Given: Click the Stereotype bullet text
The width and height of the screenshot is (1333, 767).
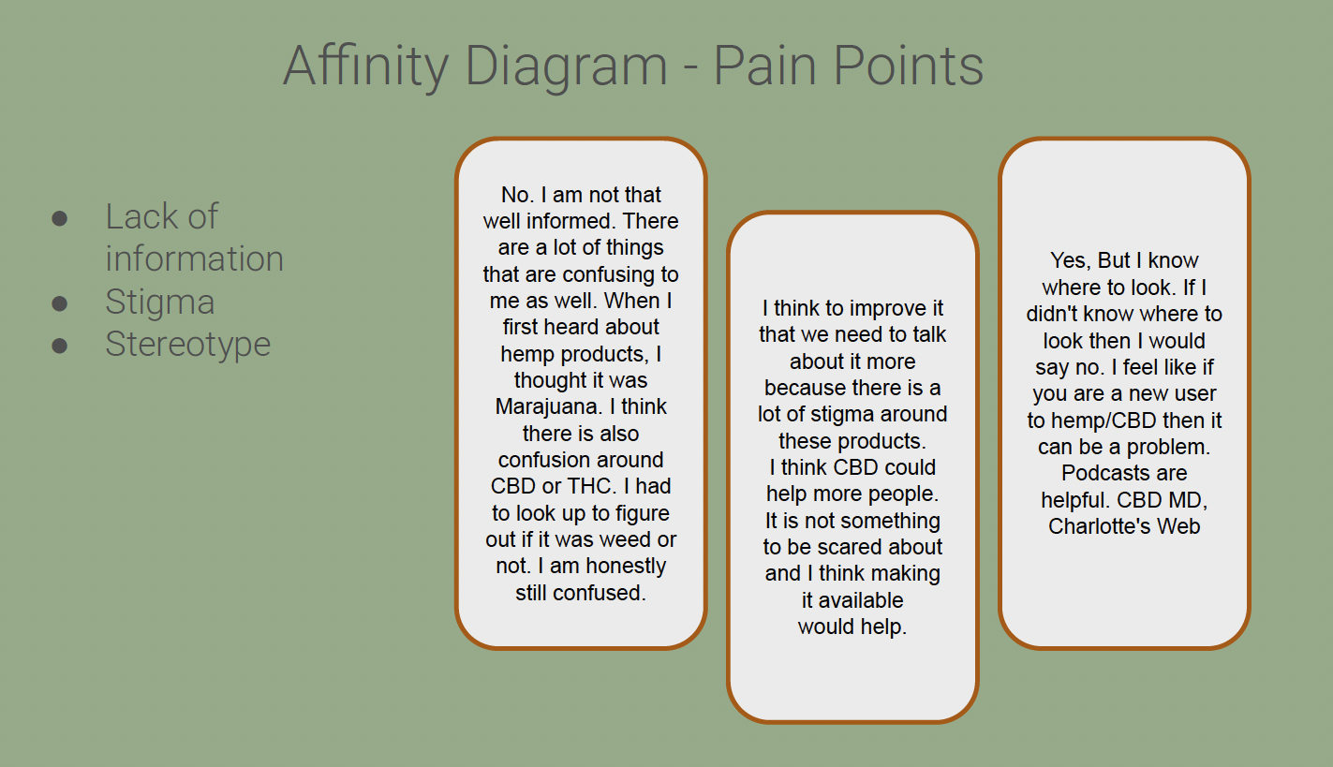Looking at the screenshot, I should (x=187, y=344).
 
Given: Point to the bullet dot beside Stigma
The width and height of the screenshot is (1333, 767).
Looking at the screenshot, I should (x=60, y=302).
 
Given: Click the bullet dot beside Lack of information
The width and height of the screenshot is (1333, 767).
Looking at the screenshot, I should (x=60, y=218).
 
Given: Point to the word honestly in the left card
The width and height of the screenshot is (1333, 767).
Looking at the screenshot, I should (x=620, y=567).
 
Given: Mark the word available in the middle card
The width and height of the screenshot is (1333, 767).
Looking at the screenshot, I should (x=852, y=600).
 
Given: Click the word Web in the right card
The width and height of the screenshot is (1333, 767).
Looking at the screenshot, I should (x=1179, y=526).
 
